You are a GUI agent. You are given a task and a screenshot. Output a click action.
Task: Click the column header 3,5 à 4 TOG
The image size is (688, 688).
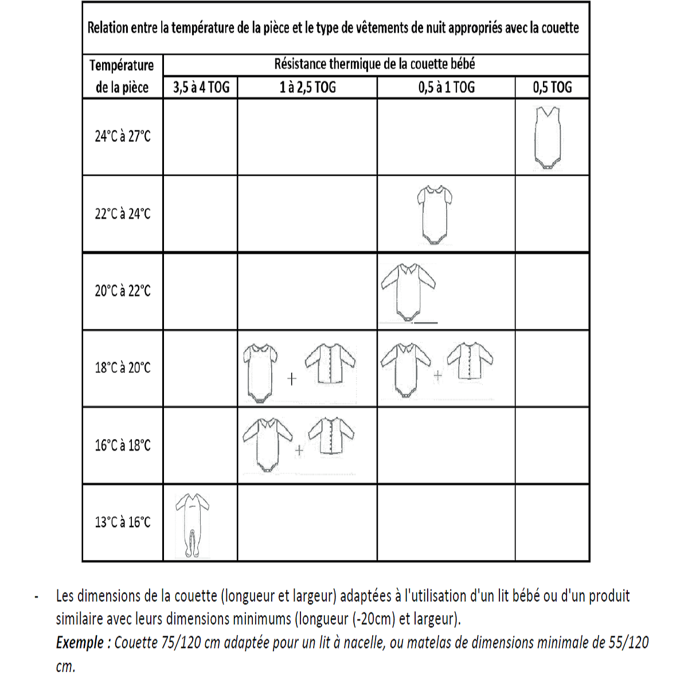pyautogui.click(x=201, y=88)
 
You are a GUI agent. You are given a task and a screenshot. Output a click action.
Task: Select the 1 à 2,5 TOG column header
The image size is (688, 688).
pyautogui.click(x=307, y=88)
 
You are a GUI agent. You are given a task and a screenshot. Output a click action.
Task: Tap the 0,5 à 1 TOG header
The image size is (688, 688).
pyautogui.click(x=446, y=88)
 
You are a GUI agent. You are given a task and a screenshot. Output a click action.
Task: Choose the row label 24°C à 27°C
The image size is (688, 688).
pyautogui.click(x=123, y=136)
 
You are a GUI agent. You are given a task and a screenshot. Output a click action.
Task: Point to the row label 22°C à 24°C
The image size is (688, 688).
pyautogui.click(x=123, y=214)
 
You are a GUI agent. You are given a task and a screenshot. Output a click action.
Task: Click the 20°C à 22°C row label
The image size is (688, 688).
pyautogui.click(x=123, y=291)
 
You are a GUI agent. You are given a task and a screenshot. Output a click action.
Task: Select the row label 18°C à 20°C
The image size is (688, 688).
pyautogui.click(x=123, y=368)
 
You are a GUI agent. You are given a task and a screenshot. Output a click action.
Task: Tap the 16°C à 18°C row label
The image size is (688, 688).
pyautogui.click(x=123, y=445)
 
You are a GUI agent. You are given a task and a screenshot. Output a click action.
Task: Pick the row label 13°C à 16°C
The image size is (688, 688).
pyautogui.click(x=123, y=522)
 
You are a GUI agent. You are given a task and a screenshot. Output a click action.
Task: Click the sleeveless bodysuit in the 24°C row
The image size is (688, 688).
pyautogui.click(x=548, y=138)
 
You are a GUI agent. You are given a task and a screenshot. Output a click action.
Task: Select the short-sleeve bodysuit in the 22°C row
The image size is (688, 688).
pyautogui.click(x=433, y=214)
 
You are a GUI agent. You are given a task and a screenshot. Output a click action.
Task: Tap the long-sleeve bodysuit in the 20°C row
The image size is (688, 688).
pyautogui.click(x=408, y=292)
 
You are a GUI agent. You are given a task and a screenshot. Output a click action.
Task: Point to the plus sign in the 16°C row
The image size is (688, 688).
pyautogui.click(x=299, y=451)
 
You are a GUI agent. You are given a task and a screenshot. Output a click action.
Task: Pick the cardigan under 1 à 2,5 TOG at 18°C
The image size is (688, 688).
pyautogui.click(x=330, y=365)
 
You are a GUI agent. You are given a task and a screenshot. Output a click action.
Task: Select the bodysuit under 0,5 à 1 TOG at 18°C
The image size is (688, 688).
pyautogui.click(x=406, y=369)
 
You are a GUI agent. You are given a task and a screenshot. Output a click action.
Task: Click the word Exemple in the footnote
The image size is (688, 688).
pyautogui.click(x=80, y=643)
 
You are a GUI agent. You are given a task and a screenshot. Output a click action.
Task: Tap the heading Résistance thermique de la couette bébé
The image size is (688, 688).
pyautogui.click(x=374, y=64)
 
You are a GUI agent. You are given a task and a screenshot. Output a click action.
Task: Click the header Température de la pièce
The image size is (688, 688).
pyautogui.click(x=122, y=76)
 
